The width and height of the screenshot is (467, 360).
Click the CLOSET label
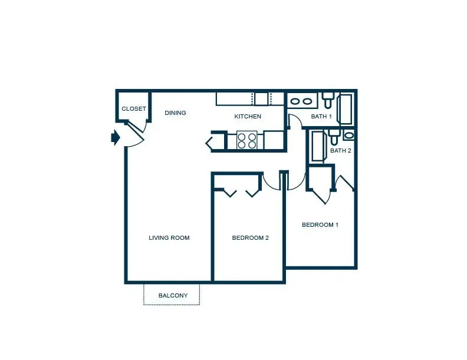134,109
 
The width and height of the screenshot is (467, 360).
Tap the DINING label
176,113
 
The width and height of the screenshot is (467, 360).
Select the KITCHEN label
248,116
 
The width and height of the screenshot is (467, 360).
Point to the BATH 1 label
321,116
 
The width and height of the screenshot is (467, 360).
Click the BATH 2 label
341,151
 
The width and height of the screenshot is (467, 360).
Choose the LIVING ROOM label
169,237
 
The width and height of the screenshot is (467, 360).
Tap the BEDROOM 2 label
251,237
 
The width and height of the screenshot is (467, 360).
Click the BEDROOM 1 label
320,224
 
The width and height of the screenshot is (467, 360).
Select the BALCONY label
173,295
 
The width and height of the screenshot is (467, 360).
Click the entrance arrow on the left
116,138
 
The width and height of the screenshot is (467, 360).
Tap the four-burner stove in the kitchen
247,140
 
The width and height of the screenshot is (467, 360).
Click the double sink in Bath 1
301,101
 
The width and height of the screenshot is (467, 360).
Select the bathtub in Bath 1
346,109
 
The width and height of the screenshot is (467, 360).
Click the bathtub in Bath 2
317,146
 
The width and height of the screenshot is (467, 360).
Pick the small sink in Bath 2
348,136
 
